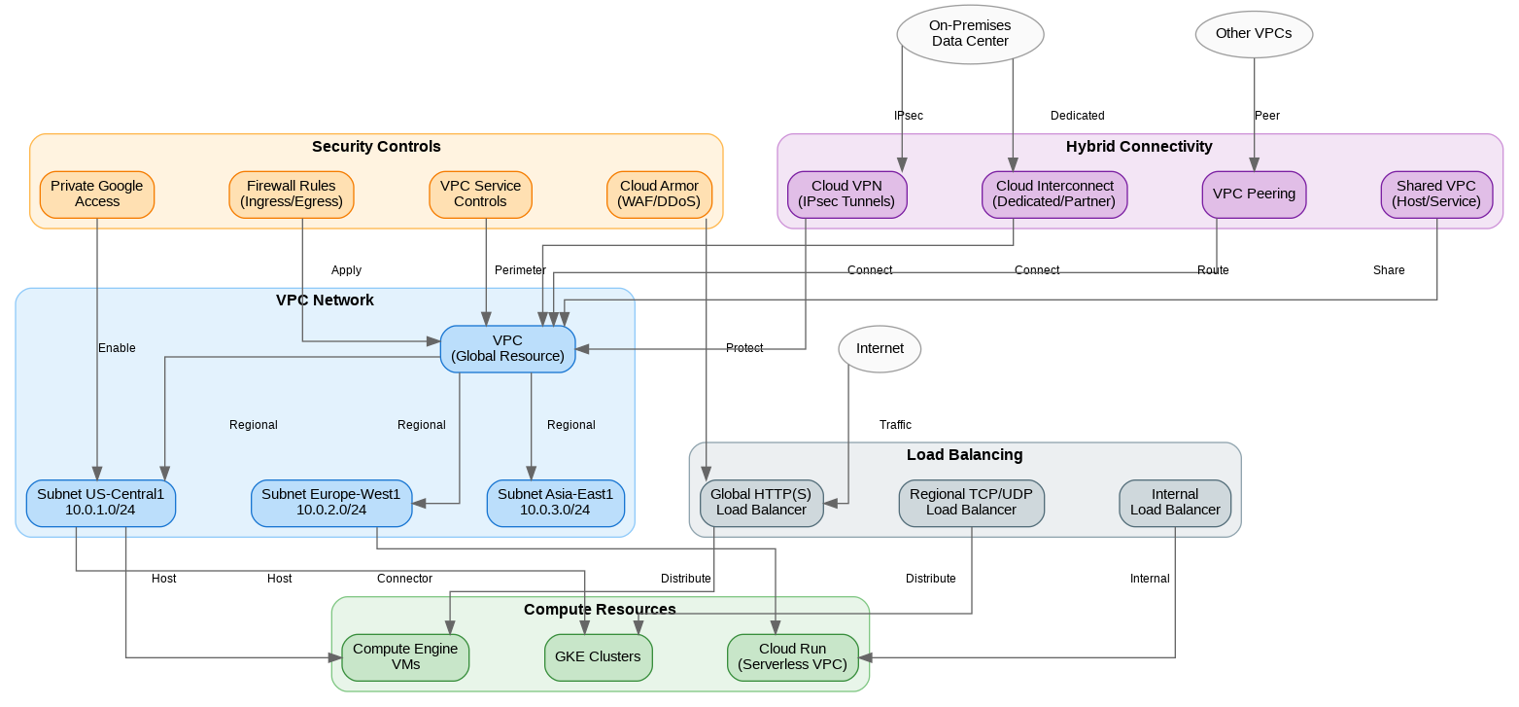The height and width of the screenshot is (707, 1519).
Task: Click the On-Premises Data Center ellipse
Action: click(970, 34)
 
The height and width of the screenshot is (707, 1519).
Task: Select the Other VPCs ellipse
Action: click(1254, 34)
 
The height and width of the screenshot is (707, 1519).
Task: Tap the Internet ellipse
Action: click(880, 349)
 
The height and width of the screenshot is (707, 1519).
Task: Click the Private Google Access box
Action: click(97, 194)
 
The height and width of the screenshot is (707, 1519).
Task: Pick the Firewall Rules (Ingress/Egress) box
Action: click(292, 194)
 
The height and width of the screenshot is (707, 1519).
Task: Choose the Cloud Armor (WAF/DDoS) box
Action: click(659, 194)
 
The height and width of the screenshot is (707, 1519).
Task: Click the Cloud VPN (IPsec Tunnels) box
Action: click(846, 194)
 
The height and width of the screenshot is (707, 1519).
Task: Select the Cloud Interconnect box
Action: click(1054, 194)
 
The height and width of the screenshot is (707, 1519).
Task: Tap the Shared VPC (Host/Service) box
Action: click(1435, 194)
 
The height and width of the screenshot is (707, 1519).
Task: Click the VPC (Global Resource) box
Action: click(507, 348)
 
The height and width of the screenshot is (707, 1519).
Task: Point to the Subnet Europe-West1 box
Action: click(331, 502)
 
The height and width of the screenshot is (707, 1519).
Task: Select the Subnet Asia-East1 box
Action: click(555, 502)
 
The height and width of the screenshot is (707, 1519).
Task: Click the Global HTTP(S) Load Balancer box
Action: click(761, 502)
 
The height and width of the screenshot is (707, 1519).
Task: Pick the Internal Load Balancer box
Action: click(1175, 502)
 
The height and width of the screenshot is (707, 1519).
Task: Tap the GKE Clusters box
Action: click(598, 656)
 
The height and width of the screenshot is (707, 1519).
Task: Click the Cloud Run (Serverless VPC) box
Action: click(793, 656)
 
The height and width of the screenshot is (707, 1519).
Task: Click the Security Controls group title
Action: click(376, 147)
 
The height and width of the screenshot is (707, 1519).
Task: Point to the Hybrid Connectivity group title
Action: click(1139, 147)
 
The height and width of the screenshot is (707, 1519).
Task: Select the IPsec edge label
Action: click(908, 116)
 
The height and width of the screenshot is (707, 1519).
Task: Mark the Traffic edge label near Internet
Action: click(895, 425)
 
